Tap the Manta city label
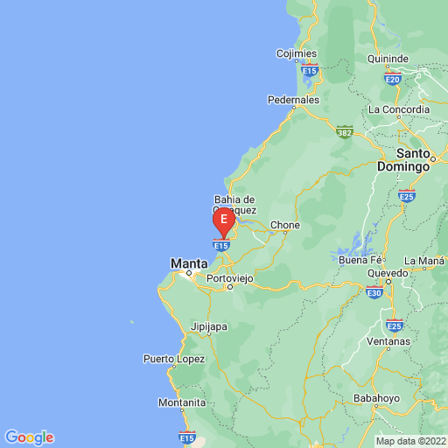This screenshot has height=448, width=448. [x=189, y=262]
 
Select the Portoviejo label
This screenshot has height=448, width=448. [x=230, y=277]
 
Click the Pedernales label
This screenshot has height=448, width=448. [x=293, y=100]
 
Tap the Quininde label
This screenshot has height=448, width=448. [x=388, y=59]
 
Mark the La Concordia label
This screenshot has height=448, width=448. [x=399, y=109]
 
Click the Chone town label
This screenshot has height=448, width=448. [x=285, y=225]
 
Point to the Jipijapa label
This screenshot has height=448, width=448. [x=209, y=327]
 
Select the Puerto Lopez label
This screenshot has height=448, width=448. [x=174, y=359]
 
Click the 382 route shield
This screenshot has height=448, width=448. [x=344, y=130]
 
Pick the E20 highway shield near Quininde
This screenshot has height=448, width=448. [x=392, y=79]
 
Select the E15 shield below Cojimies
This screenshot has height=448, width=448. [x=308, y=68]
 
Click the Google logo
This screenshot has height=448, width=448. [x=29, y=437]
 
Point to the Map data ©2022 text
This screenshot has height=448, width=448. [x=410, y=441]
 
